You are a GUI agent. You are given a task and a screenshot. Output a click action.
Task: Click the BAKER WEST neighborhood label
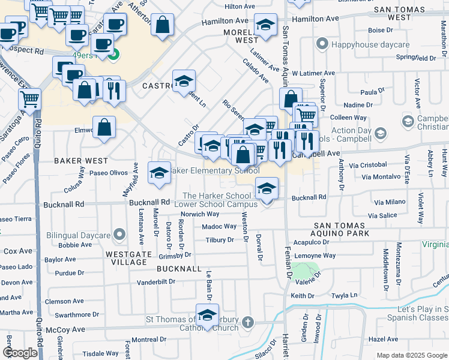81,161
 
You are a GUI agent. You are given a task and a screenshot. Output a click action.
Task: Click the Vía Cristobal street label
367,164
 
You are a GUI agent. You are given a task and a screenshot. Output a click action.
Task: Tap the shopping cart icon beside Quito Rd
29,98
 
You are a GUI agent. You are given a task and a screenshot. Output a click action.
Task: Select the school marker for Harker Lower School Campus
267,188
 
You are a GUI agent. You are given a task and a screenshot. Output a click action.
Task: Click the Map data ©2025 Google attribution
412,355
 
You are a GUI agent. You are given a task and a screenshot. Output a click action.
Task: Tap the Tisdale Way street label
101,354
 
